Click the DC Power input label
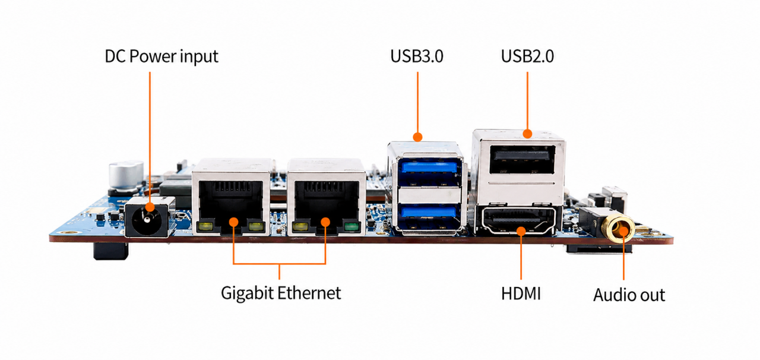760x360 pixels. [x=161, y=56]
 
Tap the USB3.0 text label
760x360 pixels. [x=417, y=56]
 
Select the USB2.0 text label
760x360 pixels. [x=527, y=56]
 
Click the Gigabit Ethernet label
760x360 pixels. [x=281, y=293]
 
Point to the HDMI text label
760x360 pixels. [x=521, y=294]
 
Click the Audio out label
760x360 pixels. [x=629, y=295]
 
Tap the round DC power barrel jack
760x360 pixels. [x=147, y=219]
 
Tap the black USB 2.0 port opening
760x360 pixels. [x=522, y=159]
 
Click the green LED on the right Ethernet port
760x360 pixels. [x=351, y=227]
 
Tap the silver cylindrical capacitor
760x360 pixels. [x=126, y=176]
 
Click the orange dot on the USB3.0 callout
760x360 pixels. [x=417, y=137]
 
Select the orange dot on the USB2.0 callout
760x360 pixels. [x=527, y=134]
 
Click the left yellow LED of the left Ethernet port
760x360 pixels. [x=205, y=227]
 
